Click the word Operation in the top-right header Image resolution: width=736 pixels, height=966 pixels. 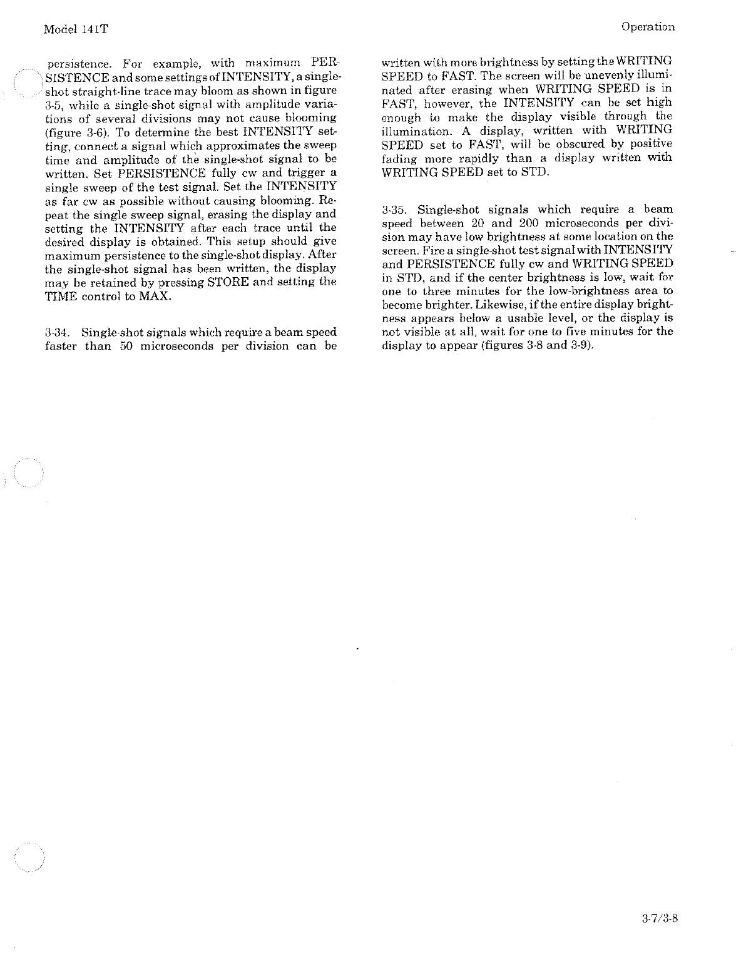pyautogui.click(x=648, y=27)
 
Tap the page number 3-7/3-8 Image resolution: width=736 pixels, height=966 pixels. pyautogui.click(x=660, y=920)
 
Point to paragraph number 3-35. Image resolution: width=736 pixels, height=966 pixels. pyautogui.click(x=395, y=210)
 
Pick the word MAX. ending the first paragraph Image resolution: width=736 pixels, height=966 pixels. pyautogui.click(x=156, y=296)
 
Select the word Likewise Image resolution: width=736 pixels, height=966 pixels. pyautogui.click(x=516, y=305)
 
